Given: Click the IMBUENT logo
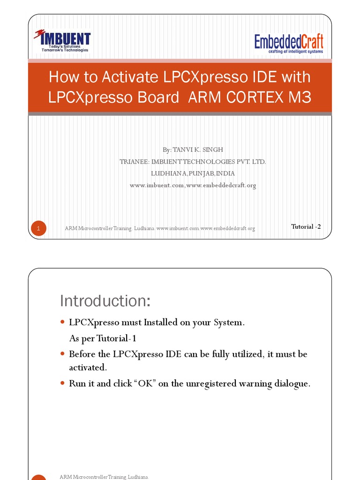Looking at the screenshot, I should coord(62,40).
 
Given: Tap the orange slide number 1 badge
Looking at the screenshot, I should coord(39,228).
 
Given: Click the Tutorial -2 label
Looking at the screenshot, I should coord(306,226).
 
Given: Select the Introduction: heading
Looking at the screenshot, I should coord(105,301).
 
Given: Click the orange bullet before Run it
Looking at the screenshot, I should coord(63,383).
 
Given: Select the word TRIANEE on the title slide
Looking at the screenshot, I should coord(134,162).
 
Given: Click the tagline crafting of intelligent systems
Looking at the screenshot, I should coord(295,52).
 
